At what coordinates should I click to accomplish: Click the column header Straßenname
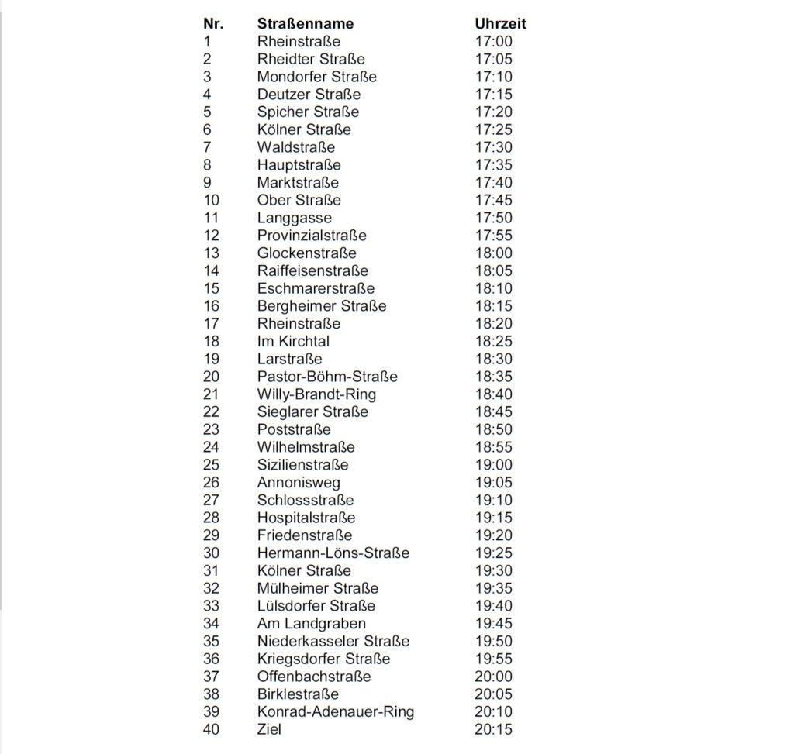tap(305, 24)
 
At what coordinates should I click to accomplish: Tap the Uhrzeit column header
tap(500, 24)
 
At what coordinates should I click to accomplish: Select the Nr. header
tap(213, 24)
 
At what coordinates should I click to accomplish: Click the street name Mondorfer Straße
tap(316, 77)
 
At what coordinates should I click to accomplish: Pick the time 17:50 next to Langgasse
tap(493, 218)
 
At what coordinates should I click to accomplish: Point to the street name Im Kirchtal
tap(293, 341)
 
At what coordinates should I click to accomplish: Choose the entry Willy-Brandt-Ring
tap(316, 394)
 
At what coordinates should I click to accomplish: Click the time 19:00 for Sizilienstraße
tap(493, 465)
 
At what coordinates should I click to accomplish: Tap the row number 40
tap(211, 729)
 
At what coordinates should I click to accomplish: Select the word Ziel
tap(269, 729)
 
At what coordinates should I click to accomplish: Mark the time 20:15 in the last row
tap(493, 729)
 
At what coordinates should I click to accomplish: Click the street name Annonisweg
tap(299, 483)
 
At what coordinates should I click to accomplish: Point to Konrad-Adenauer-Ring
tap(335, 711)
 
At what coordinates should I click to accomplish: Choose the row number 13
tap(211, 253)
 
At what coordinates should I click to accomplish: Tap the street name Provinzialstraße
tap(312, 236)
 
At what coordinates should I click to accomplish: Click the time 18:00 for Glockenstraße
tap(493, 253)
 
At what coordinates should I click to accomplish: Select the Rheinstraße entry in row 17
tap(299, 324)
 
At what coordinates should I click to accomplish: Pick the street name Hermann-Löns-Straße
tap(333, 553)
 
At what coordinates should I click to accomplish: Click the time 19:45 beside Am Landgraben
tap(493, 624)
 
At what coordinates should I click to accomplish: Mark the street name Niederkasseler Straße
tap(333, 642)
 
